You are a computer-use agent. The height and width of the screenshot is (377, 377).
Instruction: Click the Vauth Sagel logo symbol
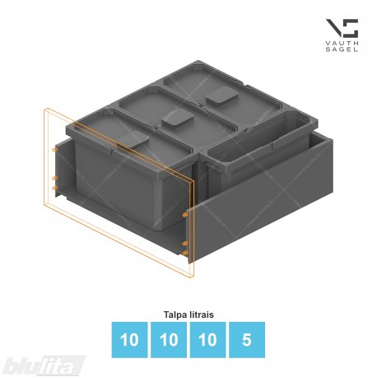click(x=342, y=28)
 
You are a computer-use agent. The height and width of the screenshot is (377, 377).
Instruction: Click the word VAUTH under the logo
click(x=342, y=44)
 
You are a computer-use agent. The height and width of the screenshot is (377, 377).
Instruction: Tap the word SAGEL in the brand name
click(x=342, y=49)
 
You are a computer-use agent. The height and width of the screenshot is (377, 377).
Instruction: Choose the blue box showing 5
click(x=247, y=340)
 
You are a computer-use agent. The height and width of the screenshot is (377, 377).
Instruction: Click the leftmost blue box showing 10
click(x=129, y=340)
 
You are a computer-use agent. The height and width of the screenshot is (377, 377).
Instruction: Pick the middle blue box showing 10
click(x=169, y=340)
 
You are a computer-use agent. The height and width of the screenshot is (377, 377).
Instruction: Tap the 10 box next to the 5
click(x=207, y=340)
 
